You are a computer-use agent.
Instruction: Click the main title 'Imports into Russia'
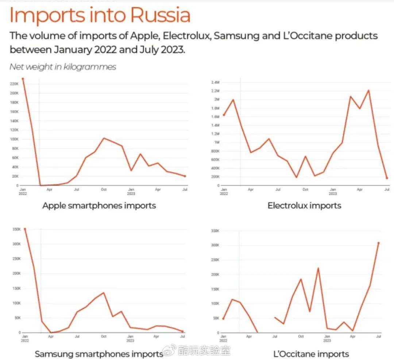click(100, 15)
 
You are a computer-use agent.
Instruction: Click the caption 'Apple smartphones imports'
click(99, 206)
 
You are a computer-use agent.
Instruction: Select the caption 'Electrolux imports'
click(304, 206)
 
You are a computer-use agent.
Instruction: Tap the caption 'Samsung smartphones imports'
click(99, 354)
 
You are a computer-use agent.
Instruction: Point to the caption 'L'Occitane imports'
click(311, 354)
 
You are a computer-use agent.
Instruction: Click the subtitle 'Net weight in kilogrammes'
click(63, 67)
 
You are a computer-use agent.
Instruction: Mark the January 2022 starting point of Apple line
click(23, 78)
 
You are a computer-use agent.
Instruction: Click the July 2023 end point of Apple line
click(185, 176)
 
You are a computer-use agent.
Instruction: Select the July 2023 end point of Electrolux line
click(387, 178)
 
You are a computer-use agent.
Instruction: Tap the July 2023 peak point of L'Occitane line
click(379, 243)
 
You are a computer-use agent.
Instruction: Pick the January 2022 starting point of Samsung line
click(25, 229)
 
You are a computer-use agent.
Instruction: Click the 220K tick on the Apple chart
click(14, 84)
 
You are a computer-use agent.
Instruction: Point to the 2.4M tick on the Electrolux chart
click(215, 82)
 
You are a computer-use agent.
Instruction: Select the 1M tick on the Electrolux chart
click(216, 142)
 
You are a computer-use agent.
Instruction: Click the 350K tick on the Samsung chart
click(16, 229)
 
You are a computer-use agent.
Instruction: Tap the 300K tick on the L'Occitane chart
click(215, 245)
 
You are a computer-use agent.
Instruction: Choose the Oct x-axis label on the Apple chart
click(104, 189)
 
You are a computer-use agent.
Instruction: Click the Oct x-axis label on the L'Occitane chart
click(301, 336)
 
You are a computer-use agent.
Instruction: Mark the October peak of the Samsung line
click(104, 293)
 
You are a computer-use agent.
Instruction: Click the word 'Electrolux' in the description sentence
click(186, 36)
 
